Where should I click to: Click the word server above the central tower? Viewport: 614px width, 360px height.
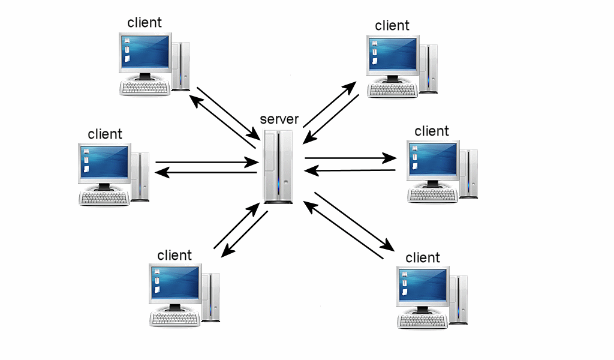(279, 119)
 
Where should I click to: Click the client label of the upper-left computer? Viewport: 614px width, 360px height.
(145, 23)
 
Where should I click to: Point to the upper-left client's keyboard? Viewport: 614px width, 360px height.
(145, 87)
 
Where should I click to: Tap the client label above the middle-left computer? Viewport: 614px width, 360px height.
(105, 134)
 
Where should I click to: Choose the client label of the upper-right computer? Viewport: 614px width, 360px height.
(392, 25)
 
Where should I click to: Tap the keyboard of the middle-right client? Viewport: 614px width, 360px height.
(432, 195)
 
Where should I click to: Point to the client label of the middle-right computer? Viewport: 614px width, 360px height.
(432, 131)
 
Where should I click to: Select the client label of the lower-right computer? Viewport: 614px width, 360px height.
(423, 258)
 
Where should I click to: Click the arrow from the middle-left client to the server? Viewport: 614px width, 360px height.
(204, 162)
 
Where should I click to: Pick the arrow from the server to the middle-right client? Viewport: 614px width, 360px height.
(350, 159)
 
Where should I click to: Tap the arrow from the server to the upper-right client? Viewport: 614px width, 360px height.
(330, 105)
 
